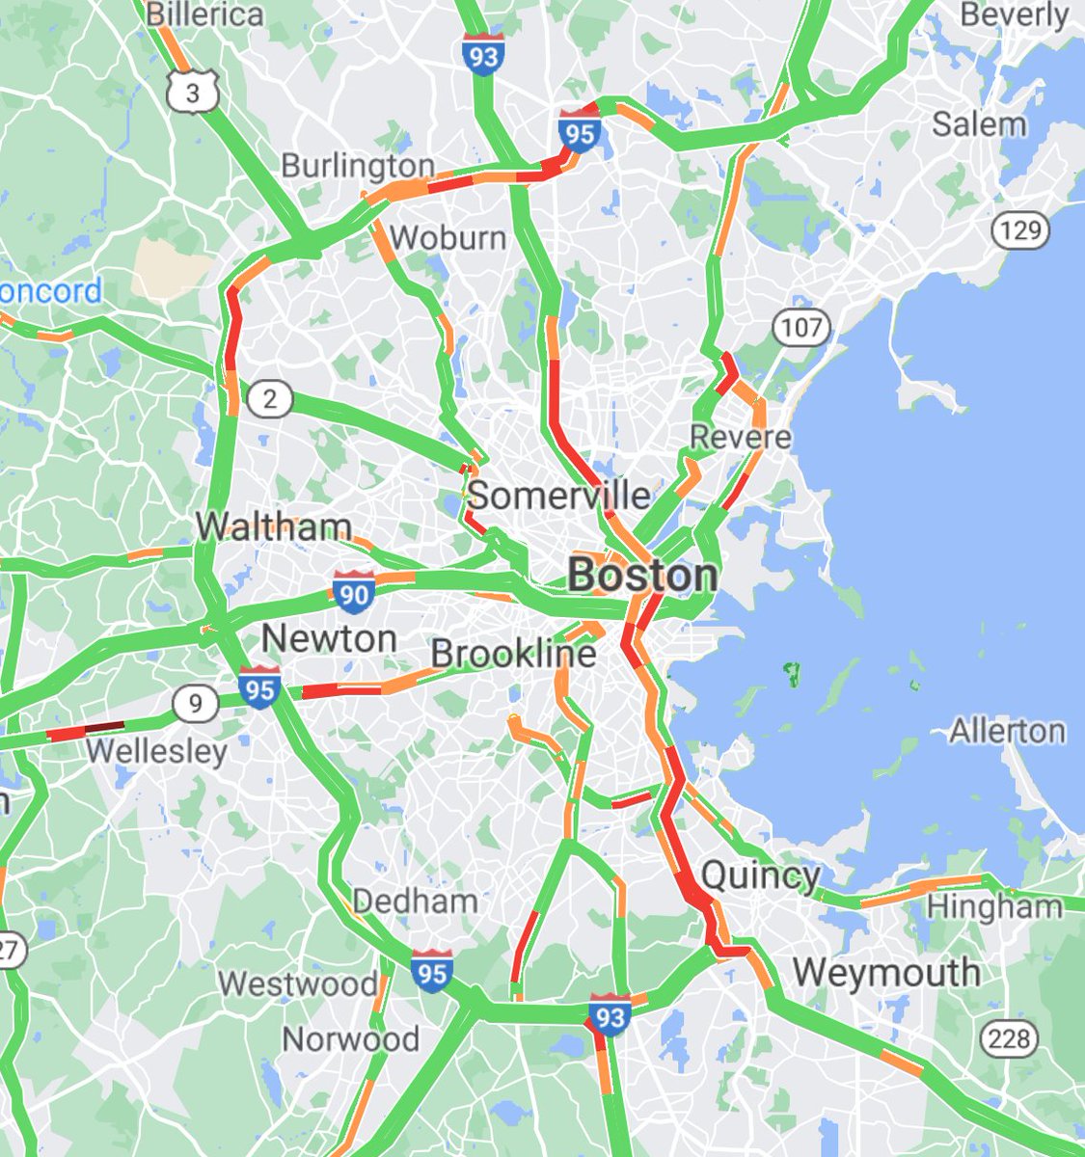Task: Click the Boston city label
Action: tap(642, 576)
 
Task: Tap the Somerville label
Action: tap(558, 496)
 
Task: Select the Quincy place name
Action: tap(761, 876)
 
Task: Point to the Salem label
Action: tap(979, 123)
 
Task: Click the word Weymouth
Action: tap(886, 972)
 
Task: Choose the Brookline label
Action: tap(513, 654)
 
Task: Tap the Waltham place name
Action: tap(274, 526)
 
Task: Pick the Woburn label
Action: tap(448, 236)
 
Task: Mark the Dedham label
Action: tap(415, 901)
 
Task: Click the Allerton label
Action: tap(1007, 731)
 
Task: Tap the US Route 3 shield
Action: tap(193, 92)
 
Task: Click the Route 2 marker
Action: tap(269, 398)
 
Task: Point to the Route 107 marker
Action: tap(801, 328)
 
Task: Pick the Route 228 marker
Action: tap(1009, 1038)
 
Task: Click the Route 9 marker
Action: tap(197, 705)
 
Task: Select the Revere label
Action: tap(741, 436)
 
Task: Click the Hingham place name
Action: tap(993, 906)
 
